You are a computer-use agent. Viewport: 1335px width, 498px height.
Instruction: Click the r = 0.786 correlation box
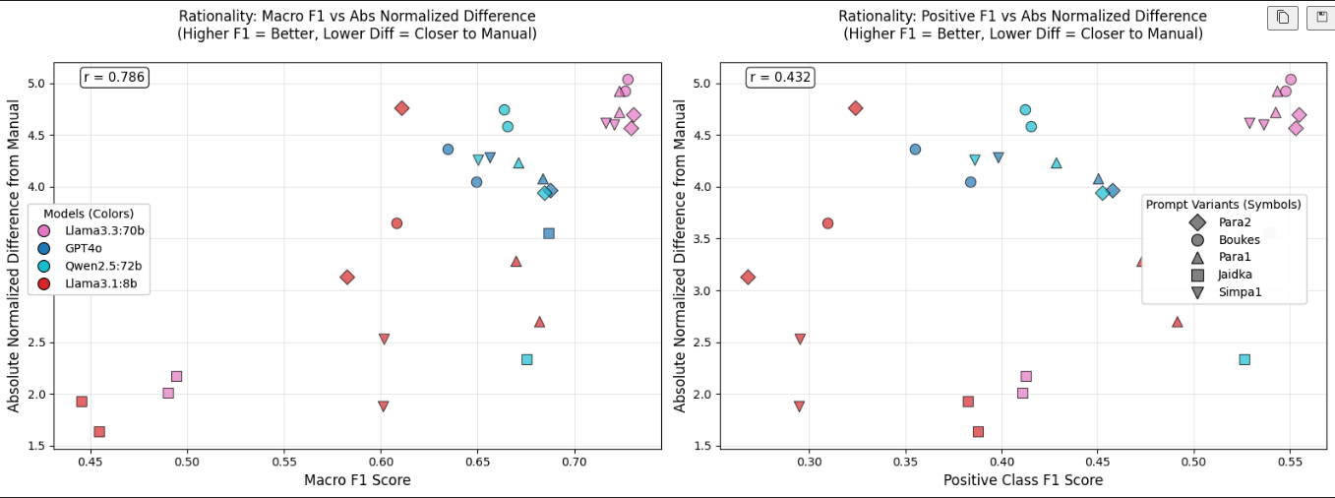click(x=114, y=78)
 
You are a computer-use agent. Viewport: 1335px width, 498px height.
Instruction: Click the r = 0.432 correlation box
click(x=780, y=78)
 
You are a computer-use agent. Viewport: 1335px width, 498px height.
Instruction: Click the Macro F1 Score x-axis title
click(x=357, y=480)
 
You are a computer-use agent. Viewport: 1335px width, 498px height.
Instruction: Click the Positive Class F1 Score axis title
click(x=1023, y=480)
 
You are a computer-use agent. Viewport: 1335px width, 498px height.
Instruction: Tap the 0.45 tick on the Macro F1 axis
click(x=91, y=461)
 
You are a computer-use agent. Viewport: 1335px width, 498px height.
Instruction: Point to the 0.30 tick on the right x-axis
click(x=809, y=461)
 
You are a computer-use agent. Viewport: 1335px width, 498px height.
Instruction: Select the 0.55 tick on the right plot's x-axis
click(x=1290, y=461)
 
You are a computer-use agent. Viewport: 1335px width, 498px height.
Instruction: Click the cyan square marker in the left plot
click(x=527, y=359)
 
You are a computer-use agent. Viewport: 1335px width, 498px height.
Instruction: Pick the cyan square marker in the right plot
click(x=1244, y=359)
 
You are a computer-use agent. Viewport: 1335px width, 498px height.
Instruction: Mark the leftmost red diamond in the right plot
click(x=748, y=278)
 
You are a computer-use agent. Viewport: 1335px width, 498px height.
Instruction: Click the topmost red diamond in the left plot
click(x=401, y=107)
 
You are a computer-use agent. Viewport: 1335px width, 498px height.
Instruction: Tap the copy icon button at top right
click(x=1282, y=17)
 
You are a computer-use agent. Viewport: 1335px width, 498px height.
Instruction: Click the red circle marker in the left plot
click(x=396, y=223)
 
